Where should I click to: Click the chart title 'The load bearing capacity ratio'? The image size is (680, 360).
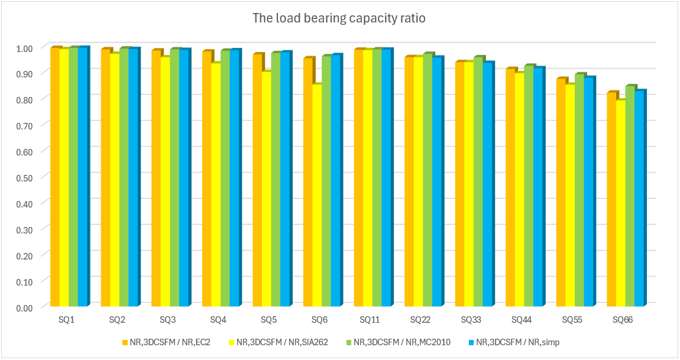point(339,18)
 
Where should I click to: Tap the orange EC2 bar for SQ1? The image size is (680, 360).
point(54,177)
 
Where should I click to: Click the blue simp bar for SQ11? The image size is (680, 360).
point(387,177)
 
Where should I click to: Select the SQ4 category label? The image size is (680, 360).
point(218,320)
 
